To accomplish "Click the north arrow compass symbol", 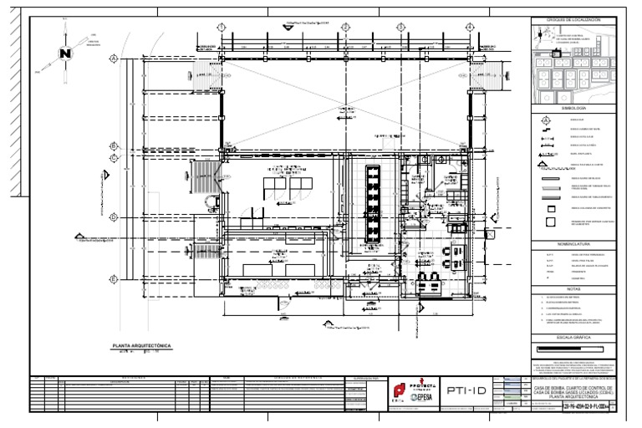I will coord(64,53).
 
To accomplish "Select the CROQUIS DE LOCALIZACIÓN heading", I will coord(573,19).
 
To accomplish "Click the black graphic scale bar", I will coord(571,347).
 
